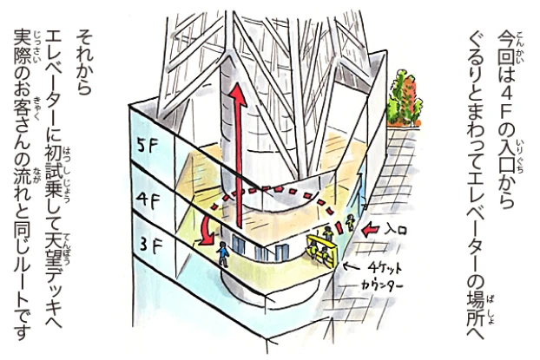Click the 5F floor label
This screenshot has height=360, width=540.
tap(147, 147)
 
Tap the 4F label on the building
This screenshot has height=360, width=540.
tap(148, 201)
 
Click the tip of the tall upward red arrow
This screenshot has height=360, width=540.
tap(237, 83)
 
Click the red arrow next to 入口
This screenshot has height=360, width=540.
tap(372, 230)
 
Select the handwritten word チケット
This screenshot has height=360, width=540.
tap(384, 268)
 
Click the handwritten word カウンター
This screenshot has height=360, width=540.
tap(381, 285)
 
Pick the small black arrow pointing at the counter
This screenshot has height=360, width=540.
tap(351, 265)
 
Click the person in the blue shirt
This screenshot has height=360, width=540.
tap(223, 254)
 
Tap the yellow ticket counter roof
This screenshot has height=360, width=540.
tap(320, 240)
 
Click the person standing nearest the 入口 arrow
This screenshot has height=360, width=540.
tap(350, 222)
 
